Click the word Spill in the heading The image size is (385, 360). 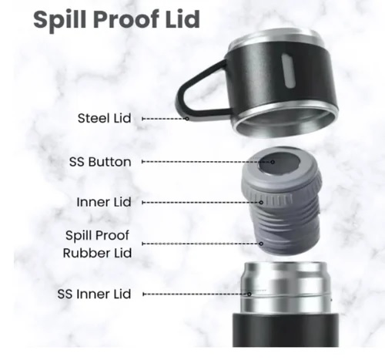coord(59,20)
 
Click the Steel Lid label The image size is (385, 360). coord(104,118)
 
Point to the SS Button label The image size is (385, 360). coord(100,162)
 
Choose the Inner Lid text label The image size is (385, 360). coord(104,202)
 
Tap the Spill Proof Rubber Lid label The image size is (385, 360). coord(97,244)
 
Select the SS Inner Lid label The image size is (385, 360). coord(94,294)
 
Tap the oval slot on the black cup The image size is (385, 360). coord(288,71)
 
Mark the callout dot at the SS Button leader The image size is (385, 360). coord(273,162)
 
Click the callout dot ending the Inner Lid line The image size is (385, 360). coord(261,203)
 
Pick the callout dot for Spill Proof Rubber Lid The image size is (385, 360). coord(261,244)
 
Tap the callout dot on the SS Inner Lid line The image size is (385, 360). coord(249,294)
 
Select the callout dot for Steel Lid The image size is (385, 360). coord(187,119)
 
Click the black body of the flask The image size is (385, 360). coord(286,330)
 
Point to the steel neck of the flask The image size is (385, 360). coord(286,288)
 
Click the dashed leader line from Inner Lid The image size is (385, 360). coord(202,203)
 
